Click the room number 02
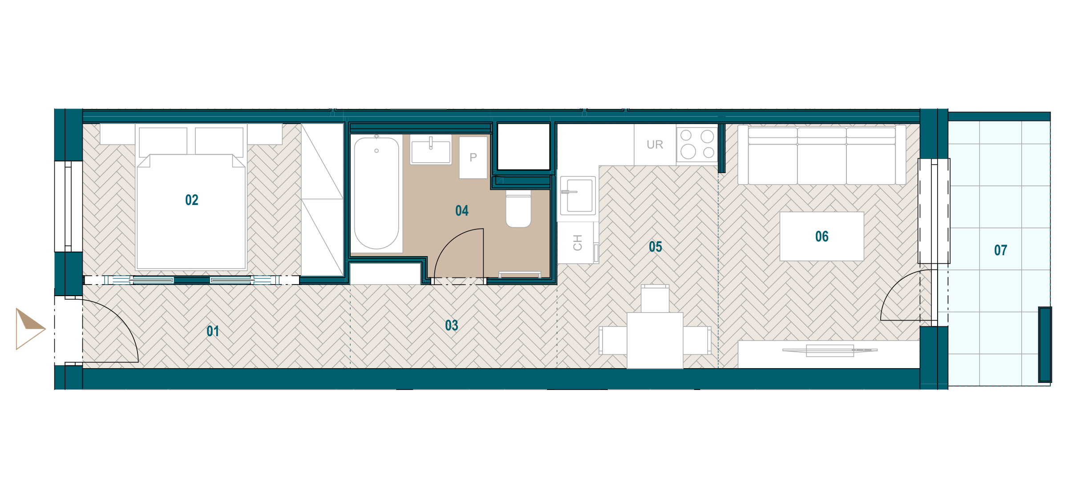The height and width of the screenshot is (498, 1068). coord(192,200)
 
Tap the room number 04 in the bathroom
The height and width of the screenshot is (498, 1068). coord(462,211)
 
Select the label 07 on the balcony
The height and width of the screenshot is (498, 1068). coord(1001,250)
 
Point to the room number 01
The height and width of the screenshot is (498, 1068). coord(213,331)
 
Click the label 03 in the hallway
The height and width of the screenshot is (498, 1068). coord(452,325)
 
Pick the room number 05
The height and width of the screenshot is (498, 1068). coord(655,247)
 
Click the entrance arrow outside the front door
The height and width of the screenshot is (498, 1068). coord(30,329)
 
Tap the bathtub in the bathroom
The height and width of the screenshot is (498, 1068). coord(376,193)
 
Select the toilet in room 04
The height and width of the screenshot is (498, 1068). coord(518,209)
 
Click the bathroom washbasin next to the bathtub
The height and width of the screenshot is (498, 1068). coord(431,150)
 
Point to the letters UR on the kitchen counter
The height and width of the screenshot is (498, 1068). coord(655,145)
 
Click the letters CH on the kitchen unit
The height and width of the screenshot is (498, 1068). coord(578,243)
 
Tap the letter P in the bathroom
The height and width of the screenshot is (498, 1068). coord(473,157)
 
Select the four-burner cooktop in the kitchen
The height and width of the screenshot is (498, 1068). coord(697,144)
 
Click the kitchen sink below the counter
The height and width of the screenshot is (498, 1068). coord(578,196)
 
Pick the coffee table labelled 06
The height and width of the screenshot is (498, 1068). coord(822,236)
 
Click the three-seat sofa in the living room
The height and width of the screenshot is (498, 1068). coord(822,155)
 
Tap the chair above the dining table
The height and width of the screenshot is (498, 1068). coord(655,298)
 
